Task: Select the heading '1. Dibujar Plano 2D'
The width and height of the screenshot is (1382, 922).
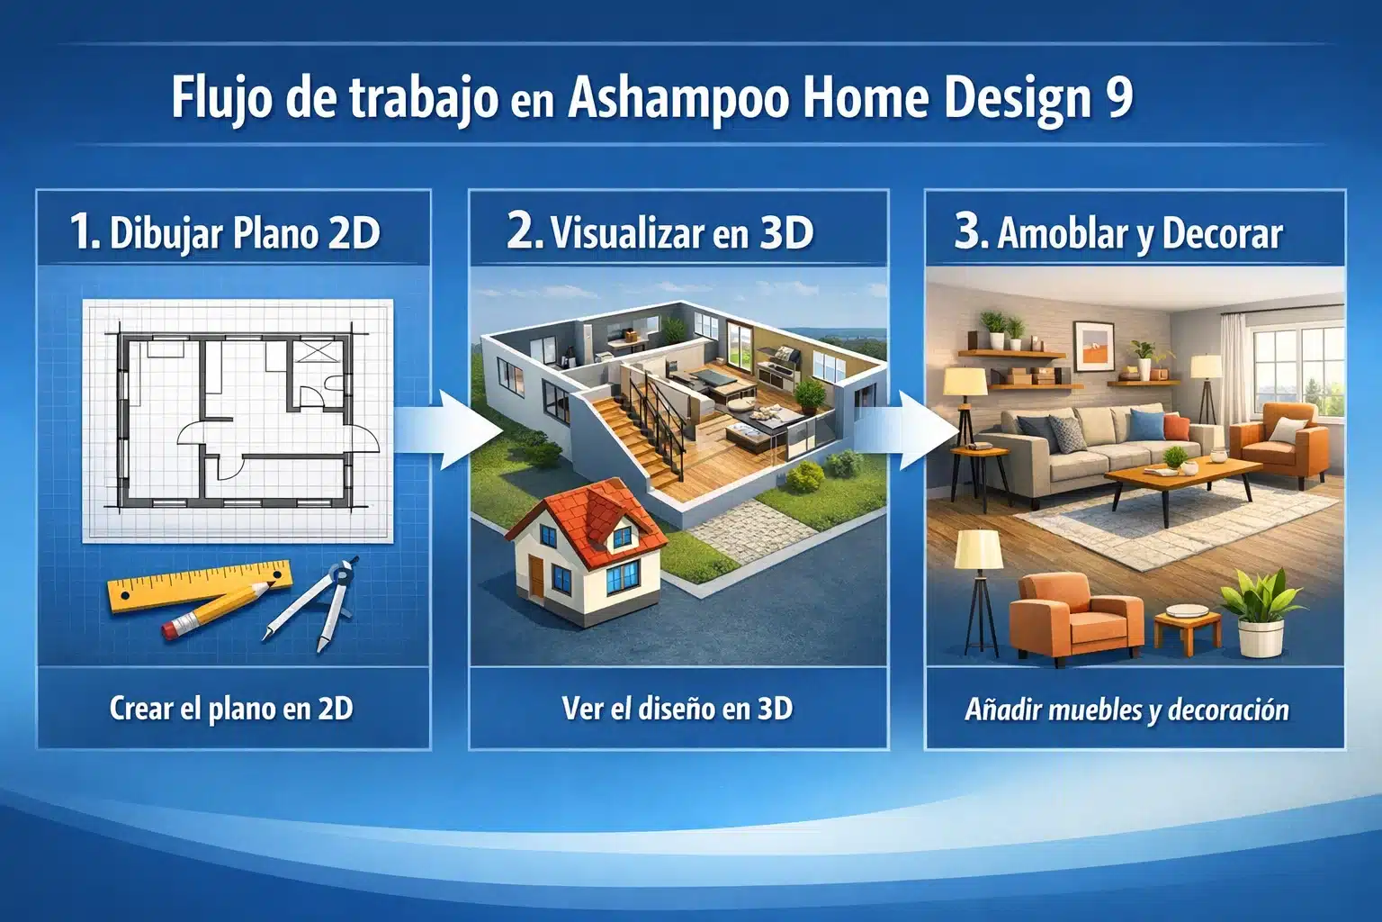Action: coord(225,232)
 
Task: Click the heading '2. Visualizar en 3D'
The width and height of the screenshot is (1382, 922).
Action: coord(660,232)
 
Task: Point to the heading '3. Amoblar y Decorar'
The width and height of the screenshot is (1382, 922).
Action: coord(1118,232)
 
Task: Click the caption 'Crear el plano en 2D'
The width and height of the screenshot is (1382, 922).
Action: coord(231,709)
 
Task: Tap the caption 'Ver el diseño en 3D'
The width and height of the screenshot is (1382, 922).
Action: coord(677,709)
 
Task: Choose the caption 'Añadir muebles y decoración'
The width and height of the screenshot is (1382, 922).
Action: coord(1126,710)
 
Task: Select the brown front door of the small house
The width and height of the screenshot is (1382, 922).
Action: coord(536,578)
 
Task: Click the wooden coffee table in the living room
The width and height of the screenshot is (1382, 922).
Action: coord(1179,477)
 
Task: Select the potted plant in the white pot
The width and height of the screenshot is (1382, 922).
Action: coord(1260,612)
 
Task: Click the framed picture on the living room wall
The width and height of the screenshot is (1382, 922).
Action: coord(1094,347)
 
